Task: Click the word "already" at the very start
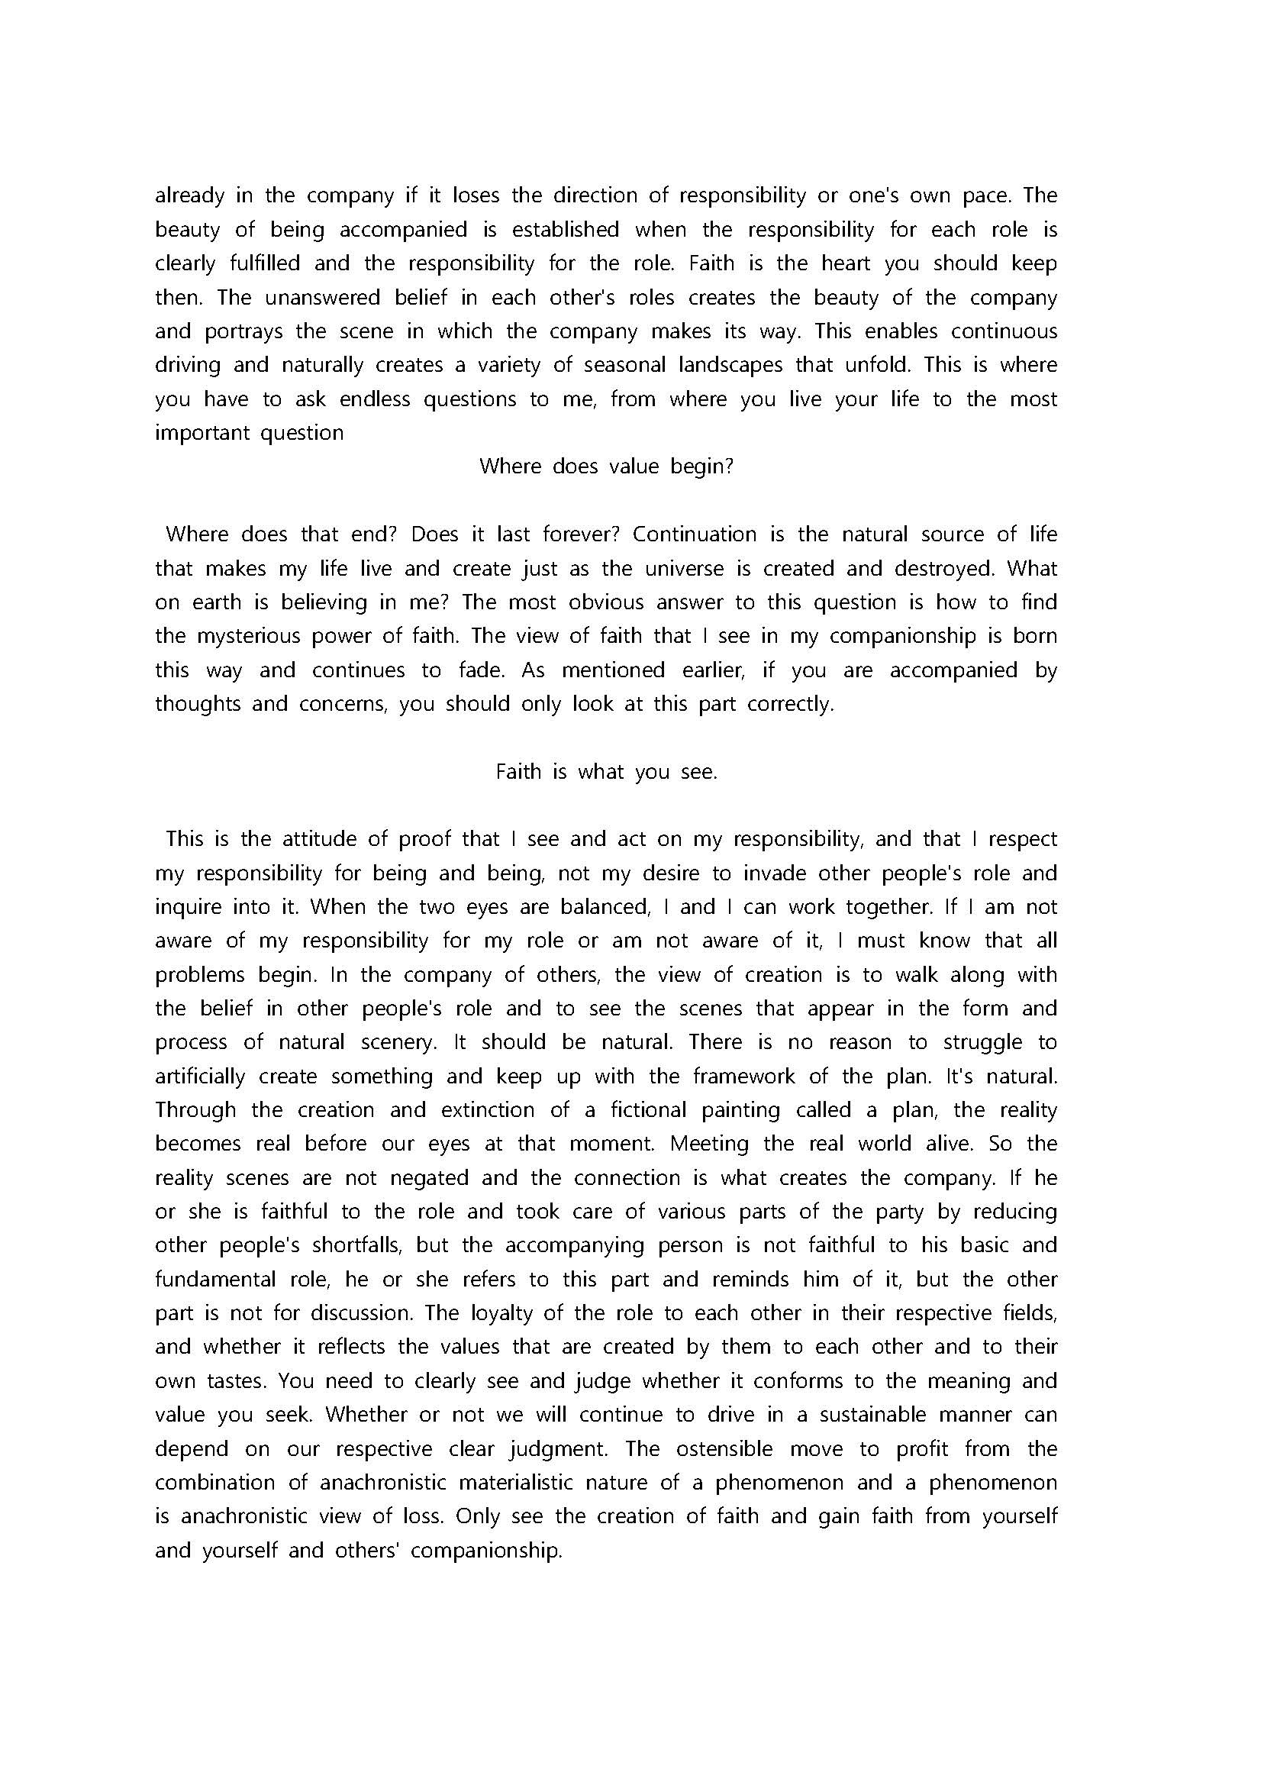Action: click(189, 195)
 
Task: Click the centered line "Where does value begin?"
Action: click(606, 466)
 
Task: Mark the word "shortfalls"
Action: click(356, 1245)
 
